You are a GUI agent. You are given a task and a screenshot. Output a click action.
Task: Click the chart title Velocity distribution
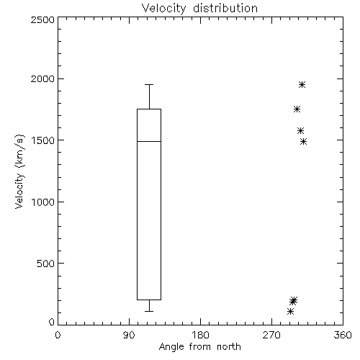pos(199,8)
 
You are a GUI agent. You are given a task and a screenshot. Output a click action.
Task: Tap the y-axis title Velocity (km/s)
pos(19,171)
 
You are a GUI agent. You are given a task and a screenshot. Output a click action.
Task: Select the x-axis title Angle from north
pos(199,346)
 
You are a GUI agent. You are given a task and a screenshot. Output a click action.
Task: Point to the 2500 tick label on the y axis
pos(42,19)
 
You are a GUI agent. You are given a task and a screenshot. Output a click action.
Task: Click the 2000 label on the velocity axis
pos(42,78)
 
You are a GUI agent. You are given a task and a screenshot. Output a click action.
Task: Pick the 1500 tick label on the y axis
pos(43,140)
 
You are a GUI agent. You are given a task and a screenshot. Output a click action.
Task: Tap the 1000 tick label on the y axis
pos(43,202)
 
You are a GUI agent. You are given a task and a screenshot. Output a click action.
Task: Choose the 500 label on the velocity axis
pos(46,264)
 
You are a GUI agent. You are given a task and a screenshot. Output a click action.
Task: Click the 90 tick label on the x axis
pos(129,335)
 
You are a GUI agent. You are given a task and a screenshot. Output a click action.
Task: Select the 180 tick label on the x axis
pos(200,335)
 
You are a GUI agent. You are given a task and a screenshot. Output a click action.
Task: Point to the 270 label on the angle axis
pos(271,335)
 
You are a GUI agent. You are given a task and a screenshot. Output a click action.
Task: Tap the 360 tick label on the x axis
pos(343,335)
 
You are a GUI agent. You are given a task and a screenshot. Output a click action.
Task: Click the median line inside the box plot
pos(149,141)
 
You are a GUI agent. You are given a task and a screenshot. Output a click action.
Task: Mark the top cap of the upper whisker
pos(149,84)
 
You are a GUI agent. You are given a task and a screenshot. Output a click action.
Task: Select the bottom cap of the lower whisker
pos(149,311)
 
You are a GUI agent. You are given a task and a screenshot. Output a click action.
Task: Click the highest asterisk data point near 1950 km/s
pos(302,84)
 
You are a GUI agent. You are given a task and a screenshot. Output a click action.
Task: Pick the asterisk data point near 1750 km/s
pos(297,109)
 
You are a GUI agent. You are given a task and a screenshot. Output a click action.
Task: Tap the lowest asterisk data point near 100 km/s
pos(290,312)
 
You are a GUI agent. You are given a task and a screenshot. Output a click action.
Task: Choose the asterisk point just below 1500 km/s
pos(304,142)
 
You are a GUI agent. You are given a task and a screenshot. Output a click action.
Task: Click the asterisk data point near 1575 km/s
pos(300,131)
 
